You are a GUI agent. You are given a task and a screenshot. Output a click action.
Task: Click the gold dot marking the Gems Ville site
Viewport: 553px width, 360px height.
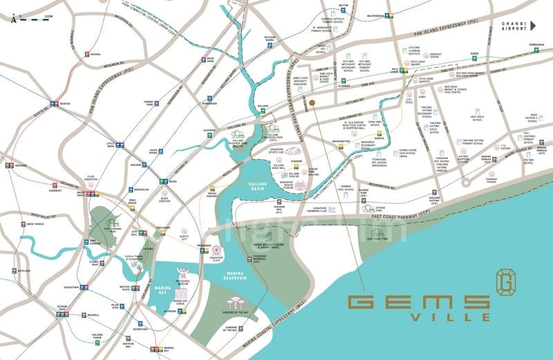[312, 102]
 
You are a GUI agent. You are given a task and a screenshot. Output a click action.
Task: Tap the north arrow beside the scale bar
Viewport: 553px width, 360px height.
[14, 19]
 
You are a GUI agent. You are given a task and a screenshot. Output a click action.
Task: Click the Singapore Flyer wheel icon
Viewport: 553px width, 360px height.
[216, 252]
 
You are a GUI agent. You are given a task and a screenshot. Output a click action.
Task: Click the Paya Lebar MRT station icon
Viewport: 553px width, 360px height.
[396, 70]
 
